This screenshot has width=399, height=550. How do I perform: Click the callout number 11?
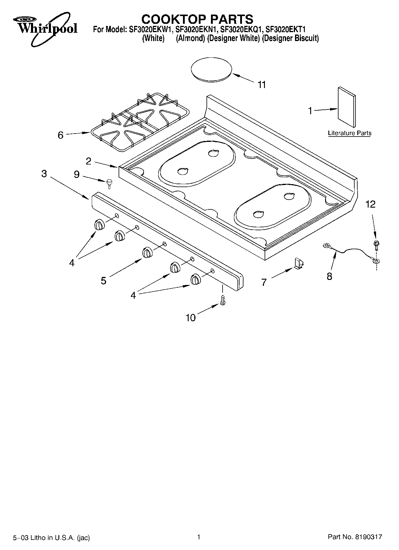click(261, 85)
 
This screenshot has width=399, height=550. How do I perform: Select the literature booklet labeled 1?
click(347, 107)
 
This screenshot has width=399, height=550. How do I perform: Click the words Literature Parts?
click(350, 133)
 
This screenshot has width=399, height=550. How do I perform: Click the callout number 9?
click(77, 174)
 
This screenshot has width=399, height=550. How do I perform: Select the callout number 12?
click(370, 204)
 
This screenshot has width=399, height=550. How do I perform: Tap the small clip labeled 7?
click(299, 264)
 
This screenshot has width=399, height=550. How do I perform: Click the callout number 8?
click(329, 276)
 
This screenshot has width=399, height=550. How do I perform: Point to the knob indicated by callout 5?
click(147, 252)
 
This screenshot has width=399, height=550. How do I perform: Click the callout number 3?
click(44, 174)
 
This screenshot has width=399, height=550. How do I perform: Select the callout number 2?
click(89, 161)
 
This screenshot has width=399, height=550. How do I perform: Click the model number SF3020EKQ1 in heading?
click(241, 29)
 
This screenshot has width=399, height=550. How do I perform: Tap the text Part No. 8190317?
click(355, 537)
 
